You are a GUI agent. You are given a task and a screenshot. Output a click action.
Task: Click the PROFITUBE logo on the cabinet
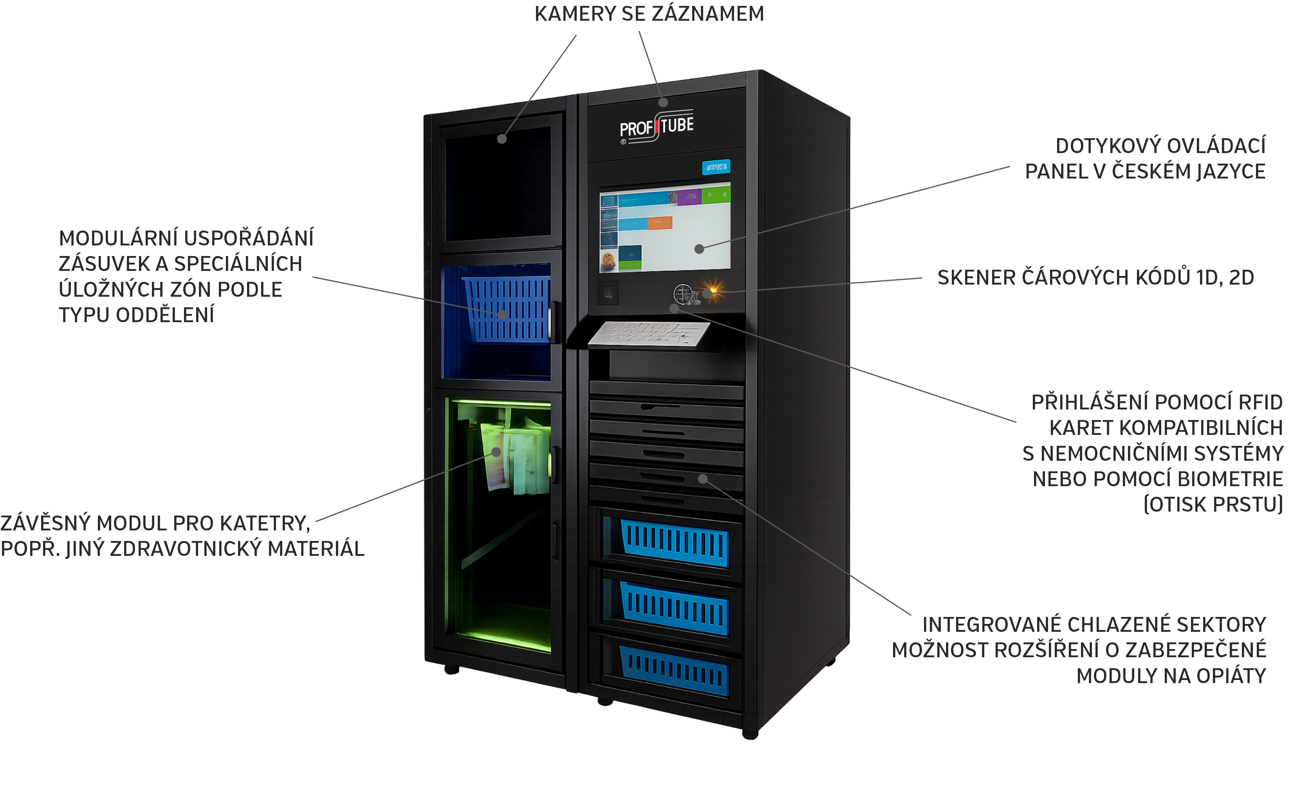tap(656, 127)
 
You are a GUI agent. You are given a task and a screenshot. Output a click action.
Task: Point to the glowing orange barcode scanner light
tap(714, 290)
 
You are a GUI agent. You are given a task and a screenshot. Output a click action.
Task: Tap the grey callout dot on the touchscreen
tap(699, 249)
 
